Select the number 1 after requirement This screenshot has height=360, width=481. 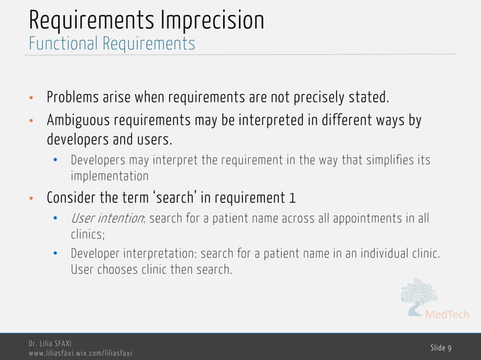click(x=292, y=199)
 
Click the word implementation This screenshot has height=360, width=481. click(x=109, y=175)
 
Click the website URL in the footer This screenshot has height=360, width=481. click(x=80, y=353)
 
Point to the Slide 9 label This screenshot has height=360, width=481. click(x=441, y=347)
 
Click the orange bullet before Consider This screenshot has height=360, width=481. click(x=31, y=200)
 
